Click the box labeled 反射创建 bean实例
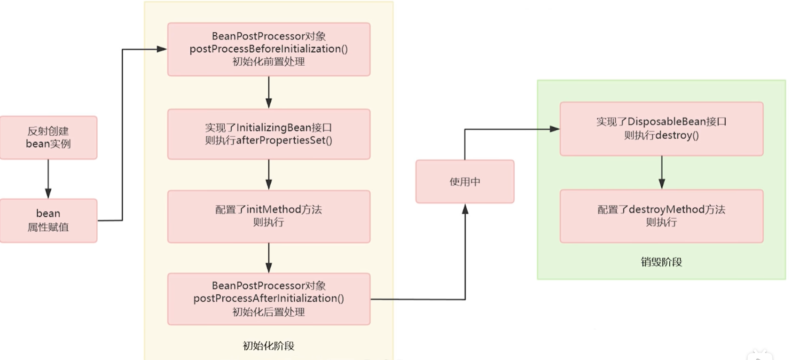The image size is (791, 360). [48, 138]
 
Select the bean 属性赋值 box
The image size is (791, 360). [48, 220]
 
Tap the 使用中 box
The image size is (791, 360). [465, 181]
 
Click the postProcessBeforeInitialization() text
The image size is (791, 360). [268, 49]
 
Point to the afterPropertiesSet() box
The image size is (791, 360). [268, 134]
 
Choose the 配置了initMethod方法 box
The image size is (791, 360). [268, 216]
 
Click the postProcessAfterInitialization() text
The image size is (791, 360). [268, 298]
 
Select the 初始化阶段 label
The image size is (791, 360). [268, 346]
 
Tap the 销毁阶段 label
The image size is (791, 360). [661, 262]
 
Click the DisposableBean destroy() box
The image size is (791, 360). [661, 129]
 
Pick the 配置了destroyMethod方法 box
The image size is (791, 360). [661, 216]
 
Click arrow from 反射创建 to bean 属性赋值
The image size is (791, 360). [48, 179]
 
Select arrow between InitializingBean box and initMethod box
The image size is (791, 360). [268, 174]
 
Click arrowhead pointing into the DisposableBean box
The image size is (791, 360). [555, 129]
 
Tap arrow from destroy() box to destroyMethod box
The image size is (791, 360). [662, 172]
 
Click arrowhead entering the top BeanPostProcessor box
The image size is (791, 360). [162, 49]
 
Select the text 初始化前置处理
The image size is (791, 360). [268, 62]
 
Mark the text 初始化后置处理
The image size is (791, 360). [268, 312]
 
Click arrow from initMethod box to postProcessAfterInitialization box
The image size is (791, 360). [268, 258]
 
